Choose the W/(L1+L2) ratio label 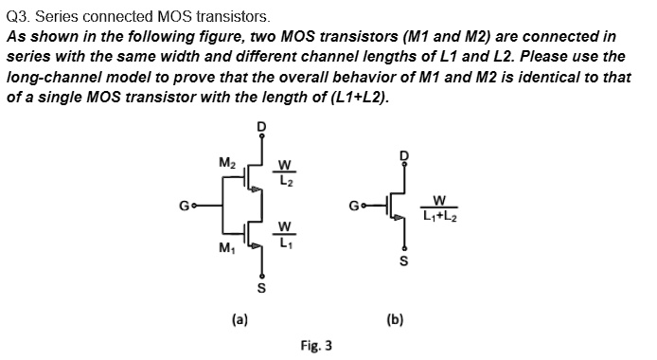tap(439, 207)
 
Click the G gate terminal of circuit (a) tap(186, 202)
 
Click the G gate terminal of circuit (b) tap(356, 202)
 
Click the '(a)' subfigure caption tap(240, 320)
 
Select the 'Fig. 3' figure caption tap(315, 346)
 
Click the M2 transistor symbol tap(252, 176)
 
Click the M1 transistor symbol tap(252, 233)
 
